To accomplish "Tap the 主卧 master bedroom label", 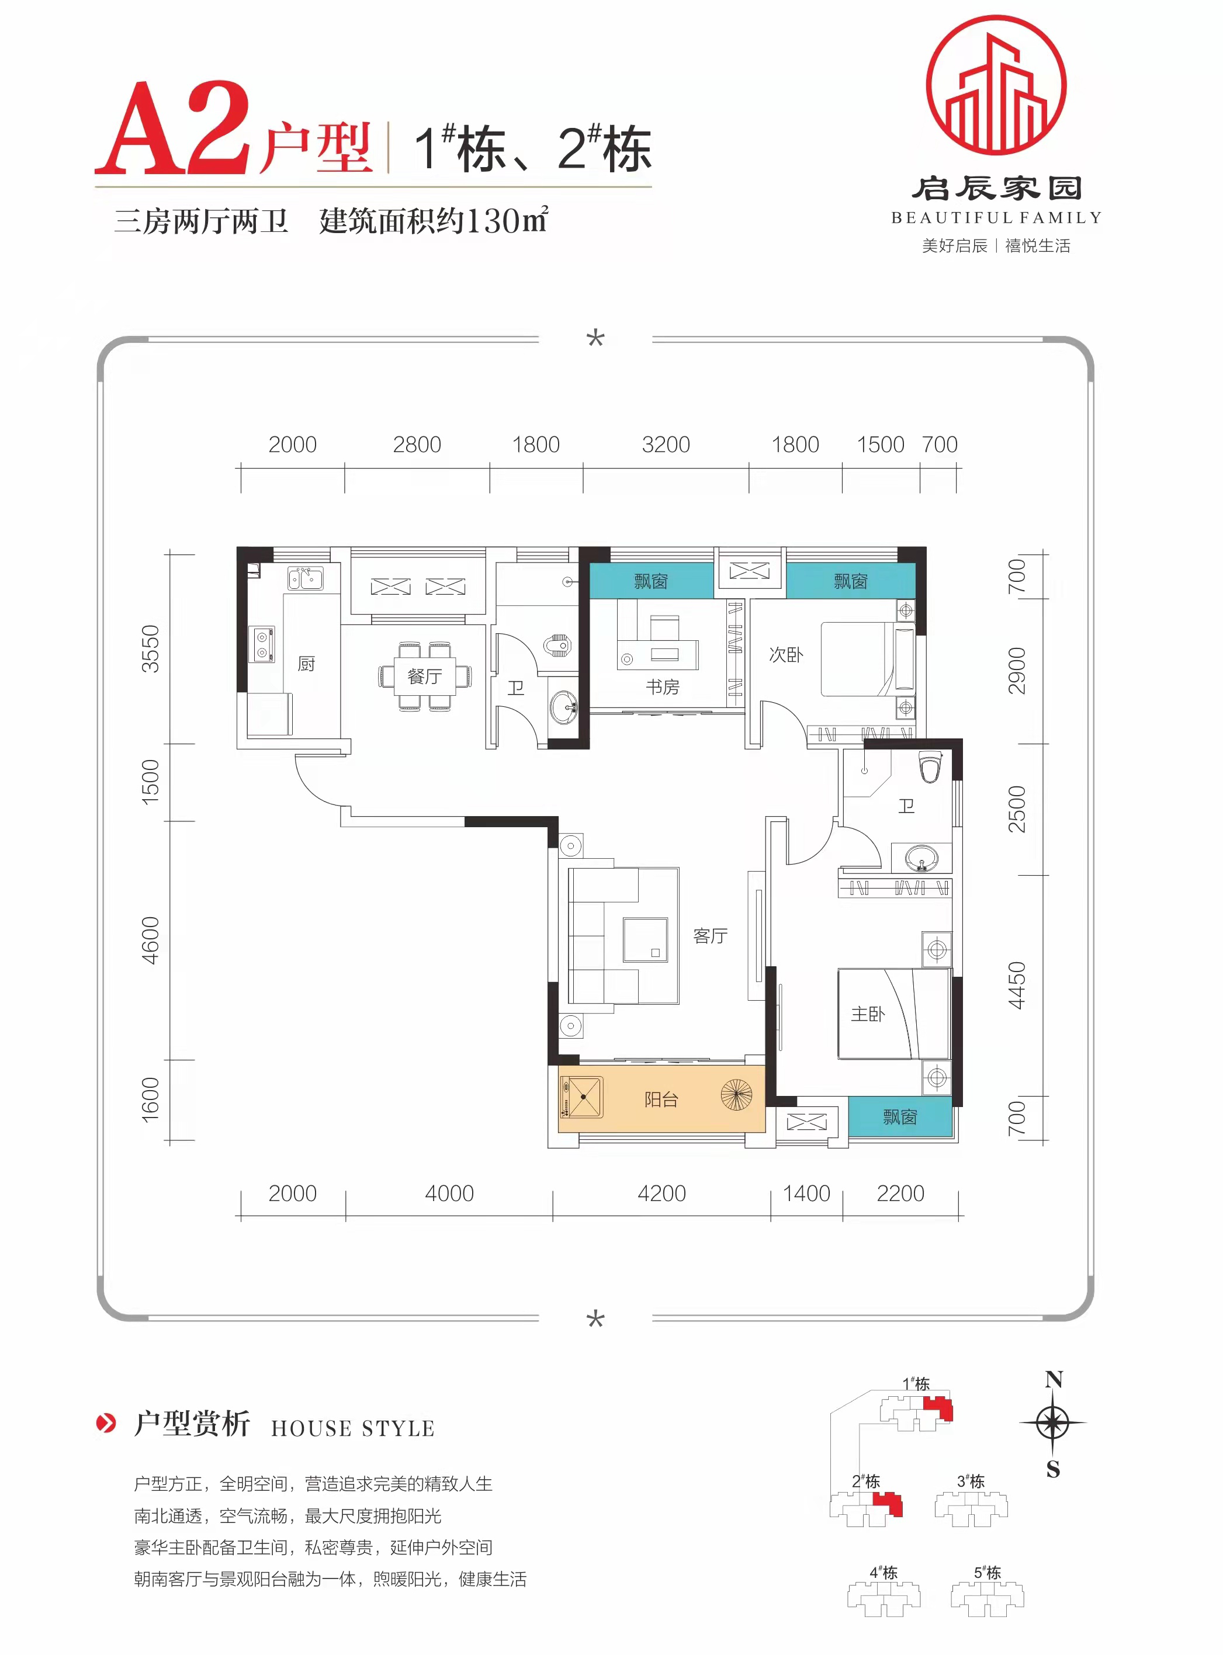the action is pos(867,1014).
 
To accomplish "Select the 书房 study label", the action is pos(662,687).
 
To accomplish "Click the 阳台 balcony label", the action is pos(661,1100).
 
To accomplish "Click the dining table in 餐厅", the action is pos(425,676).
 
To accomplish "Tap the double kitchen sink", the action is pos(306,578).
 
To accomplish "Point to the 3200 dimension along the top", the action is pos(666,445).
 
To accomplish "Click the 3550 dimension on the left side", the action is pos(150,648).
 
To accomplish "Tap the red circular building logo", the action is pos(996,85).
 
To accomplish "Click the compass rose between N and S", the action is pos(1052,1422).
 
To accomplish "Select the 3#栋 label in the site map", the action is pos(971,1481).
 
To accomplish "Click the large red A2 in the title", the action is pos(172,128).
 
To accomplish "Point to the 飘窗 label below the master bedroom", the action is pos(900,1117).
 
